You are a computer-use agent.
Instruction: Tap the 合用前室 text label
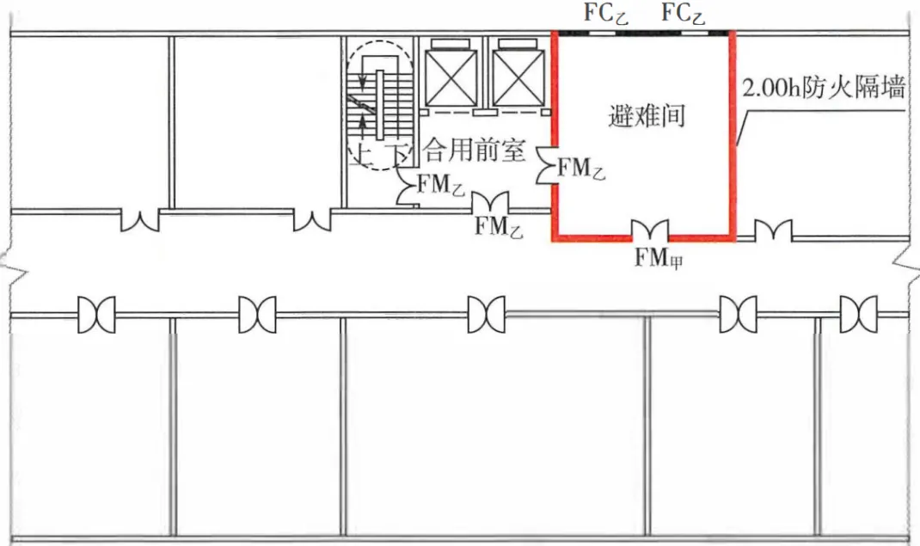point(474,152)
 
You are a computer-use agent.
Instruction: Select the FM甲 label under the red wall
point(659,257)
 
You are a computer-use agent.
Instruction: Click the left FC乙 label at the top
point(605,14)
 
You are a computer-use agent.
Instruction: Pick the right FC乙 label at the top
point(684,14)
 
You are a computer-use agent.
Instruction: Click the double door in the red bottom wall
point(650,230)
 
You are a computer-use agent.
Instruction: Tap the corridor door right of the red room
point(773,230)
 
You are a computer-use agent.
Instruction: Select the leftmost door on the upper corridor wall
point(139,221)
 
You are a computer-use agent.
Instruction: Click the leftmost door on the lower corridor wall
point(96,315)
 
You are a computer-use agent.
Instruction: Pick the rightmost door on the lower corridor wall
point(859,315)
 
